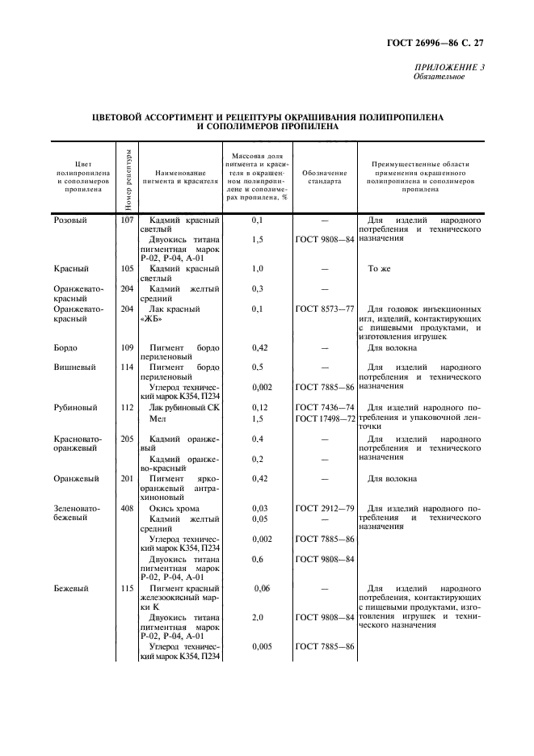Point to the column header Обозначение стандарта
point(325,177)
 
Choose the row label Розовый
point(69,220)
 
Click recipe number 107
point(127,220)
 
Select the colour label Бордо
point(65,347)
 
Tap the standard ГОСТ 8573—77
point(325,309)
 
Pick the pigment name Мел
point(157,418)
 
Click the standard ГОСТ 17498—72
point(326,418)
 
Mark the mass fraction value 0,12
point(259,407)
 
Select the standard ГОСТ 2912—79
point(325,508)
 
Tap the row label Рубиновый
point(75,407)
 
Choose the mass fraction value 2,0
point(259,617)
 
